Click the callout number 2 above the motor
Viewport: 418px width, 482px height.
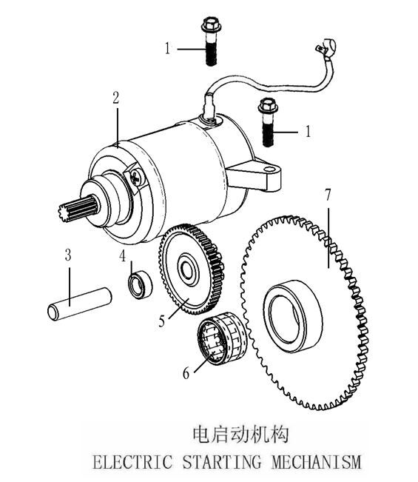click(x=115, y=98)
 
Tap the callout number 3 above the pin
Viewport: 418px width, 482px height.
click(x=68, y=255)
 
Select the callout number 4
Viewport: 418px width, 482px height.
click(x=123, y=255)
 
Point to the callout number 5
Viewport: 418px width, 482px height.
click(x=162, y=321)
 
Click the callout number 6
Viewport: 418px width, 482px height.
click(x=186, y=373)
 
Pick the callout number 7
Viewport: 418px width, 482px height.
click(x=328, y=195)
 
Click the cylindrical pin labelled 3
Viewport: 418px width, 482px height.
click(x=80, y=304)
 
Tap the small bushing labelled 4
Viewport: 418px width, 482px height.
click(x=140, y=284)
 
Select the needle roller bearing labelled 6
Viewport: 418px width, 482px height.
click(x=222, y=338)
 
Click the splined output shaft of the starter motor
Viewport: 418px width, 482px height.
click(x=79, y=209)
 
